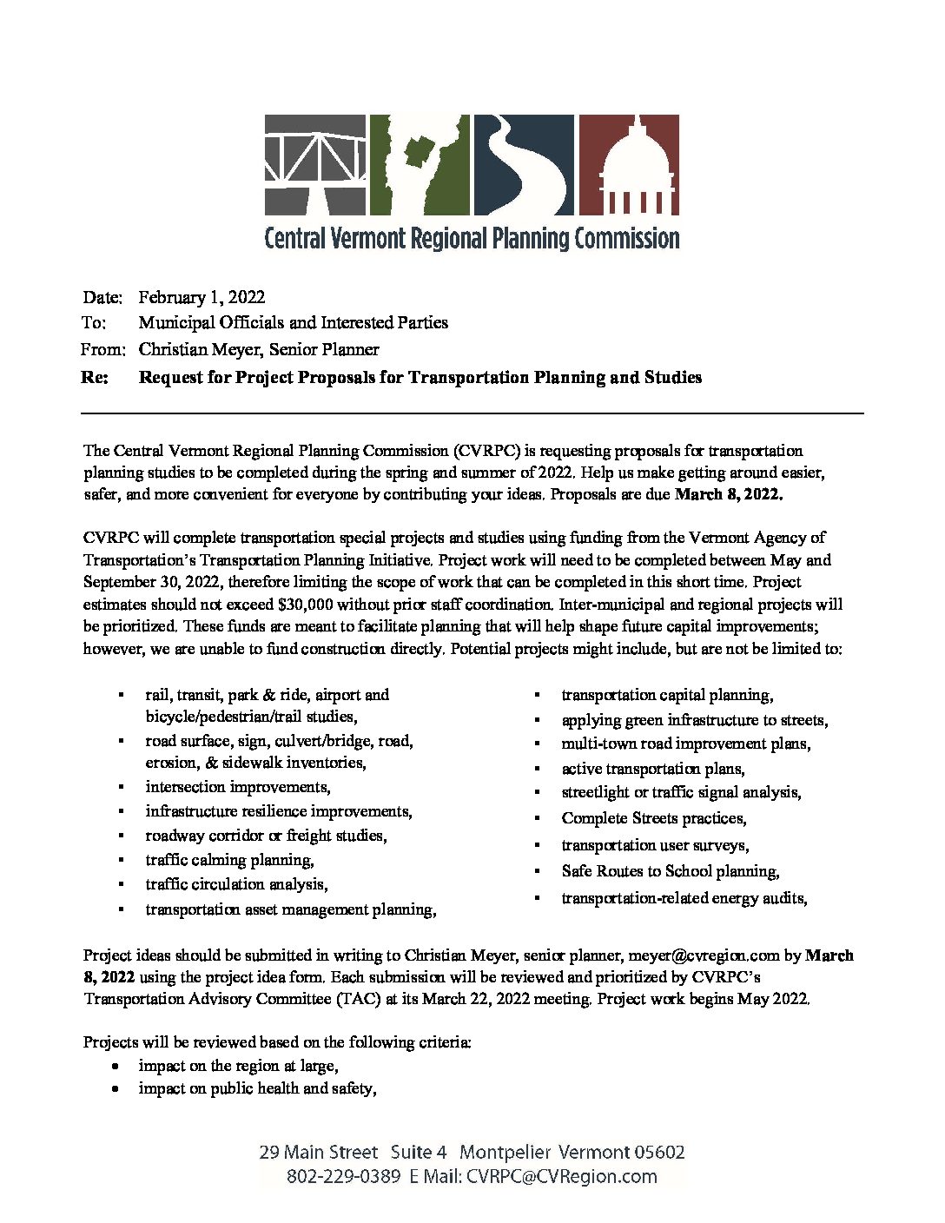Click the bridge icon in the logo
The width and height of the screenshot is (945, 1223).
tap(315, 165)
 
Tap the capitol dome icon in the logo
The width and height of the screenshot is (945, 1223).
tap(629, 165)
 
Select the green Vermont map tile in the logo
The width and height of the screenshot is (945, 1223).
tap(420, 165)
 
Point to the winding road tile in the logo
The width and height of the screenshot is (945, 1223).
tap(524, 165)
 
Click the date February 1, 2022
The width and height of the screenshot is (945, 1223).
tap(202, 297)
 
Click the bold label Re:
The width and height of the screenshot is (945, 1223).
tap(95, 377)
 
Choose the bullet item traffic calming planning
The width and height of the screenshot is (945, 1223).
tap(229, 860)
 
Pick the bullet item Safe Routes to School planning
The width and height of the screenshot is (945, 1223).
tap(670, 871)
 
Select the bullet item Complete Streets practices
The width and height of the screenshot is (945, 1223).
tap(653, 818)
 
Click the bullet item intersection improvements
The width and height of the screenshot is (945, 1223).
tap(237, 787)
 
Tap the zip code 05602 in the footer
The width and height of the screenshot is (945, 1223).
tap(659, 1153)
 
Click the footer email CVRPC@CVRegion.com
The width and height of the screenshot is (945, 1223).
tap(561, 1177)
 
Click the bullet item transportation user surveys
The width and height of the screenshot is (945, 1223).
tap(655, 845)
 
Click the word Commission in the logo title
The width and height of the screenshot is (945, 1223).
tap(626, 238)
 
